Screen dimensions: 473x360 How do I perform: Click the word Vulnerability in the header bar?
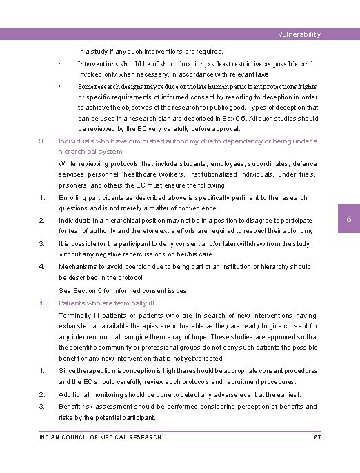point(299,34)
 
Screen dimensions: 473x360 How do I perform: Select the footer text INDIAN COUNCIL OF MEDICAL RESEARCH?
point(100,437)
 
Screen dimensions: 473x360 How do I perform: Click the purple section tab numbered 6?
point(349,219)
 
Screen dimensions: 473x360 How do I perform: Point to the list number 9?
point(42,141)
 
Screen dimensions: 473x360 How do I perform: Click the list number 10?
point(43,302)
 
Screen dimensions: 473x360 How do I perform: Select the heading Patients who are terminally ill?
point(106,302)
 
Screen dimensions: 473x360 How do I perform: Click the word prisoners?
point(73,185)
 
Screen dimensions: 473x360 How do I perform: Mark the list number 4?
point(42,266)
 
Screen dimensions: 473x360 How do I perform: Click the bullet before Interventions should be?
point(60,63)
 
